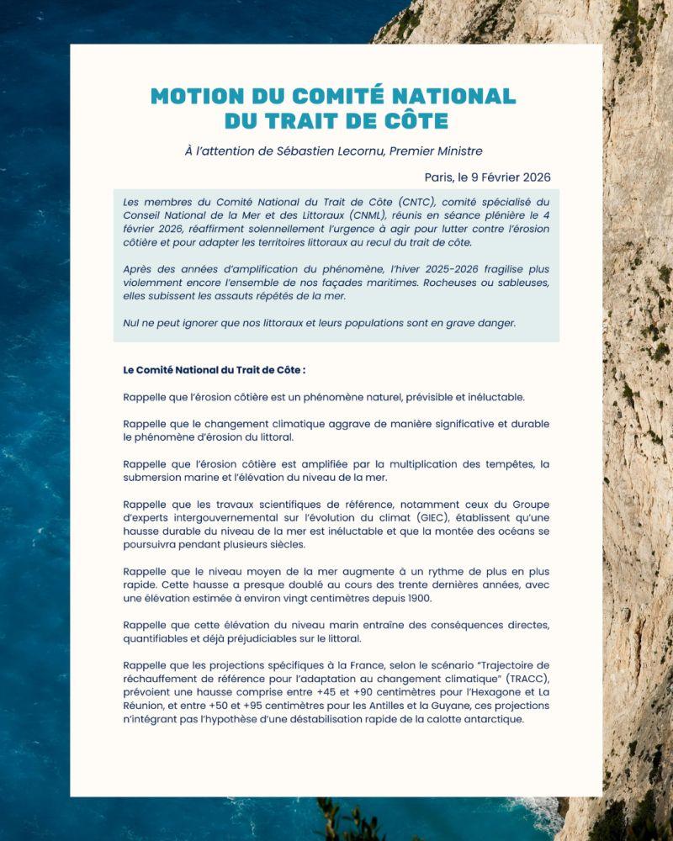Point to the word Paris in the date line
[x=440, y=177]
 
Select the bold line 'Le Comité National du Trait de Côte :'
[x=214, y=369]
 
